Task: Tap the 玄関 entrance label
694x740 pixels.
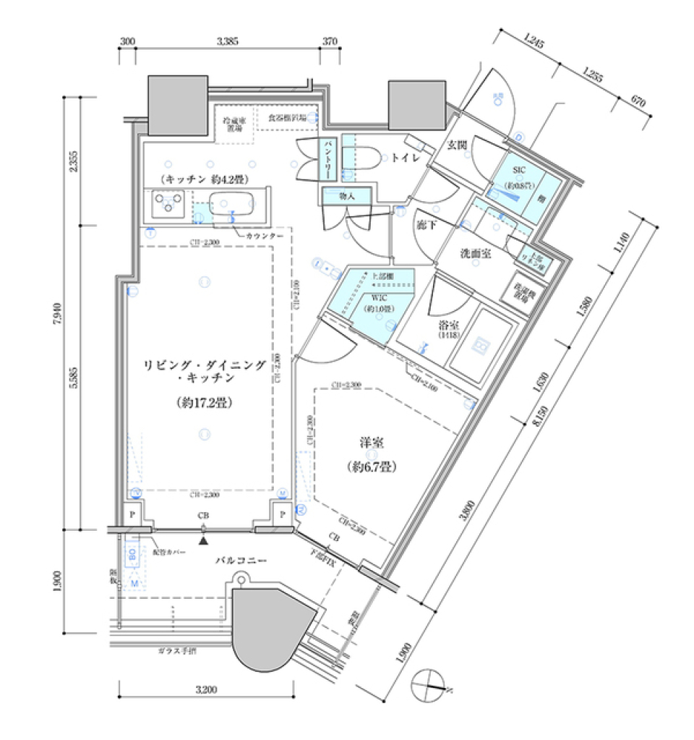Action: pos(457,145)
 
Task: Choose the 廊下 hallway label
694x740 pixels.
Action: pos(426,225)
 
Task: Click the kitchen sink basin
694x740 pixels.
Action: pos(234,204)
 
